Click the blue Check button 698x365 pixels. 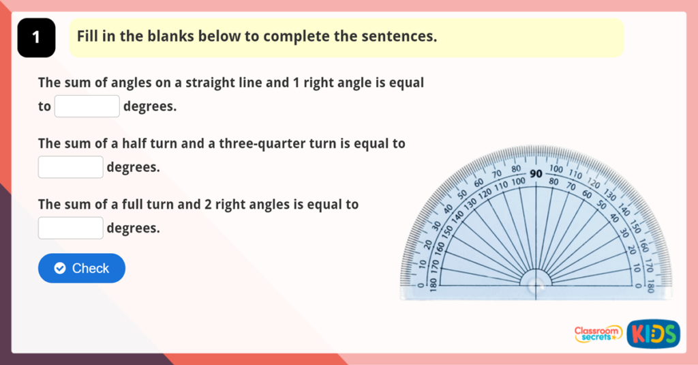click(x=82, y=268)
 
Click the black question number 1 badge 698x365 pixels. click(x=35, y=38)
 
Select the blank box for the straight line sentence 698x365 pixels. click(x=87, y=106)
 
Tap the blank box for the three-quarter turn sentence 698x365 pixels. click(x=71, y=167)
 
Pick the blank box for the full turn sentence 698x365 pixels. click(x=71, y=228)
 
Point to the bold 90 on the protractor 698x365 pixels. click(x=536, y=174)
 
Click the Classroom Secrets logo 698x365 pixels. click(x=598, y=334)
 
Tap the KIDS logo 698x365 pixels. click(x=653, y=334)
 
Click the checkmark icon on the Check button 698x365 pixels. click(x=59, y=268)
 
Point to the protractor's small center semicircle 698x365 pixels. click(x=536, y=282)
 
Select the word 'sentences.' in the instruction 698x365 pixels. click(x=402, y=36)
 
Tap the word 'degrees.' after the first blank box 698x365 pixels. click(x=150, y=107)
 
